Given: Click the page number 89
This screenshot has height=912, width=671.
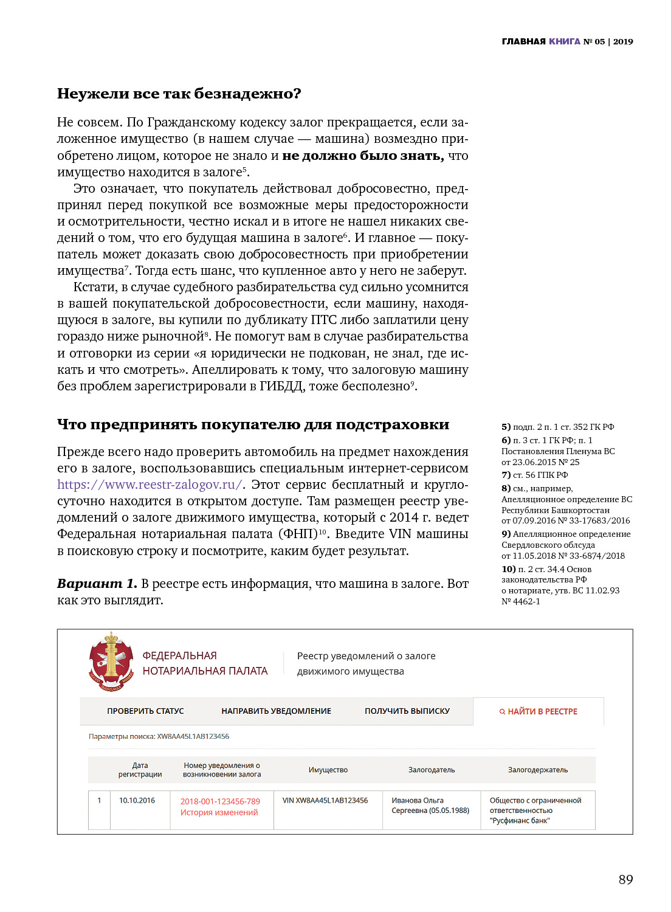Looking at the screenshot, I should pyautogui.click(x=625, y=879).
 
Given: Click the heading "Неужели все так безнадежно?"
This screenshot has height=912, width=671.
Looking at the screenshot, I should pyautogui.click(x=179, y=94).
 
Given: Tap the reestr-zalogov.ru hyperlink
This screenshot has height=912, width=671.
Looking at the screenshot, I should pyautogui.click(x=150, y=485).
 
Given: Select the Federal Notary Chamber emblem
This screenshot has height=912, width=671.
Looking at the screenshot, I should pyautogui.click(x=111, y=662).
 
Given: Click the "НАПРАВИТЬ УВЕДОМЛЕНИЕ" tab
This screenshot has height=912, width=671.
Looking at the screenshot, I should pyautogui.click(x=276, y=711).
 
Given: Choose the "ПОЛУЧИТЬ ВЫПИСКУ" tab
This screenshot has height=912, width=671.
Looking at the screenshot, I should pyautogui.click(x=407, y=711).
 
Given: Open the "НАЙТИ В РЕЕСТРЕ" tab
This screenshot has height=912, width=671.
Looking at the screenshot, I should pyautogui.click(x=539, y=711).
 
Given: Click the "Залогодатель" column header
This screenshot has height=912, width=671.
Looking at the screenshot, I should pyautogui.click(x=431, y=770).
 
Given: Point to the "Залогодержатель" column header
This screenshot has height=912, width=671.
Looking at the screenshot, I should pyautogui.click(x=537, y=770).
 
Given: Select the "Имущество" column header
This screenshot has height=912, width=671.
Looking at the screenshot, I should pyautogui.click(x=328, y=770).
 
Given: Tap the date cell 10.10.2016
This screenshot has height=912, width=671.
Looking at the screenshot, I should pyautogui.click(x=137, y=800).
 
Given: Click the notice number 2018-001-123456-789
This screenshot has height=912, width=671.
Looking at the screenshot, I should pyautogui.click(x=220, y=801).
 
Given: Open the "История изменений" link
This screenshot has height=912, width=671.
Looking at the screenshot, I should pyautogui.click(x=219, y=812).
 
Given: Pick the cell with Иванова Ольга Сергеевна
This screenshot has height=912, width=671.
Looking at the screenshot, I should pyautogui.click(x=430, y=805).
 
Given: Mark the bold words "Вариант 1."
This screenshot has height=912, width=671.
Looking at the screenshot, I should pyautogui.click(x=97, y=584).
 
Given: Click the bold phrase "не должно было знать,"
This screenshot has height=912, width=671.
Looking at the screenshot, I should pyautogui.click(x=363, y=156).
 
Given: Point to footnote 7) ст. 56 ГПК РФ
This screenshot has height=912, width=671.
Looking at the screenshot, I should pyautogui.click(x=535, y=475).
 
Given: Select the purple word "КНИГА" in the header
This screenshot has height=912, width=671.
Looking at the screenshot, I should pyautogui.click(x=565, y=41).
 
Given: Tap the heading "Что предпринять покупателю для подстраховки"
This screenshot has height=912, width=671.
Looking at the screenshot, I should pyautogui.click(x=253, y=424).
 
